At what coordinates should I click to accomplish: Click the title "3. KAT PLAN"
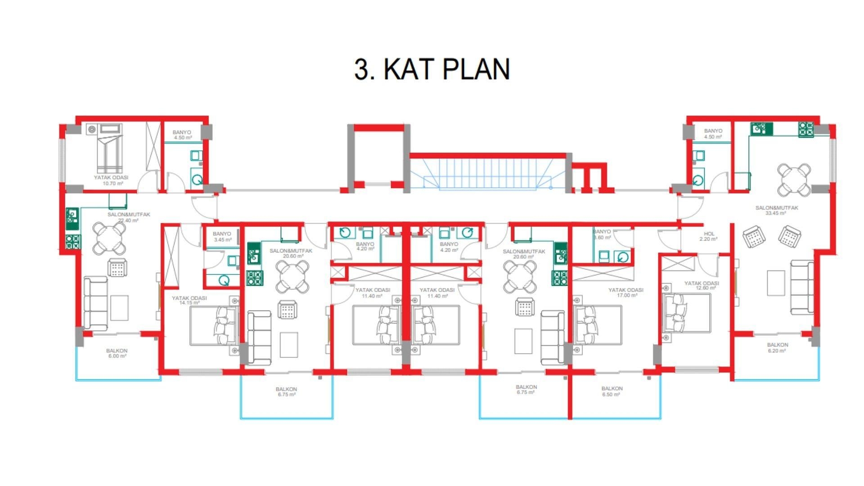point(432,69)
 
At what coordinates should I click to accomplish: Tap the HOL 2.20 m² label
point(709,237)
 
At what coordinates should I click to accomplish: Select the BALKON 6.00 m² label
point(117,353)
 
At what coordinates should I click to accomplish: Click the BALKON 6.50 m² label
point(612,391)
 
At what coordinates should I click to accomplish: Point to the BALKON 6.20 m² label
point(777,348)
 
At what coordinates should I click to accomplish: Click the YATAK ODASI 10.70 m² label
point(111,180)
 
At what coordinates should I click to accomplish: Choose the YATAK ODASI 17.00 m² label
point(625,293)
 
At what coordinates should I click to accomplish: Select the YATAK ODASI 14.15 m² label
point(189,300)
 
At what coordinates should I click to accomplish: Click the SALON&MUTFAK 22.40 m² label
point(129,217)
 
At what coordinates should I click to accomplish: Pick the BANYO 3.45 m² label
point(222,237)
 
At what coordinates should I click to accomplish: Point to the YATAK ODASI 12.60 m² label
point(701,286)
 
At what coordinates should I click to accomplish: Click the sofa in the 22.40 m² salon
point(95,304)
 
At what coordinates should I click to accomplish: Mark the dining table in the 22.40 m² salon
point(109,238)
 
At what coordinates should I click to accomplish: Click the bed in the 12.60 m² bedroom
point(686,313)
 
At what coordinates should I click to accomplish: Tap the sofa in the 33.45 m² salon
point(801,288)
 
